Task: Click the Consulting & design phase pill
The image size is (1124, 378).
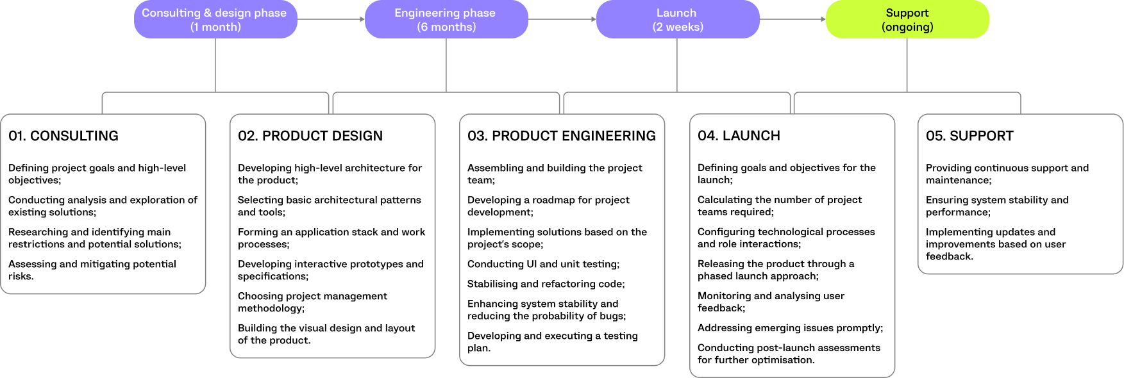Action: point(215,20)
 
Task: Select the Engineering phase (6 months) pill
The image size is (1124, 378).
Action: point(446,20)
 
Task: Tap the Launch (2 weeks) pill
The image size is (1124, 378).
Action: point(678,20)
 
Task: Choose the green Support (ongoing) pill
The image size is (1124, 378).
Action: point(907,20)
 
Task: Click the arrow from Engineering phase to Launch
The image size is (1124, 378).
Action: point(562,19)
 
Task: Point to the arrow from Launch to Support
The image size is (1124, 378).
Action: point(793,19)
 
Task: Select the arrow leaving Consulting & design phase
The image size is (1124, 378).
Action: point(331,19)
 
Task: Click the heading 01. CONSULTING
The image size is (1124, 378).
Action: point(63,136)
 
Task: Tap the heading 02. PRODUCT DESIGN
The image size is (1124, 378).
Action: point(310,136)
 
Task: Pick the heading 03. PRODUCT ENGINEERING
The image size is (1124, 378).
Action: point(562,136)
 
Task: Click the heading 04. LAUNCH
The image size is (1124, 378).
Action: point(739,136)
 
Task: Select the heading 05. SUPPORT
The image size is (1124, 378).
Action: point(969,136)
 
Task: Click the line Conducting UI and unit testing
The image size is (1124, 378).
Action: point(543,264)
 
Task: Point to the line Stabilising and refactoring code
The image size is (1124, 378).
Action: point(546,284)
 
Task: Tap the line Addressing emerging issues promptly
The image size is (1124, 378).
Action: point(790,328)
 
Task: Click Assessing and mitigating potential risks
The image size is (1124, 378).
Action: point(92,270)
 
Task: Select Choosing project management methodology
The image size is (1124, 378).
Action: point(312,302)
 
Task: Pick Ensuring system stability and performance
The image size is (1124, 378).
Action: point(997,206)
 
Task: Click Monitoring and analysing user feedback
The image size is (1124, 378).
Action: point(771,302)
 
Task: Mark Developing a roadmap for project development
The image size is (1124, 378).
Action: point(548,206)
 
